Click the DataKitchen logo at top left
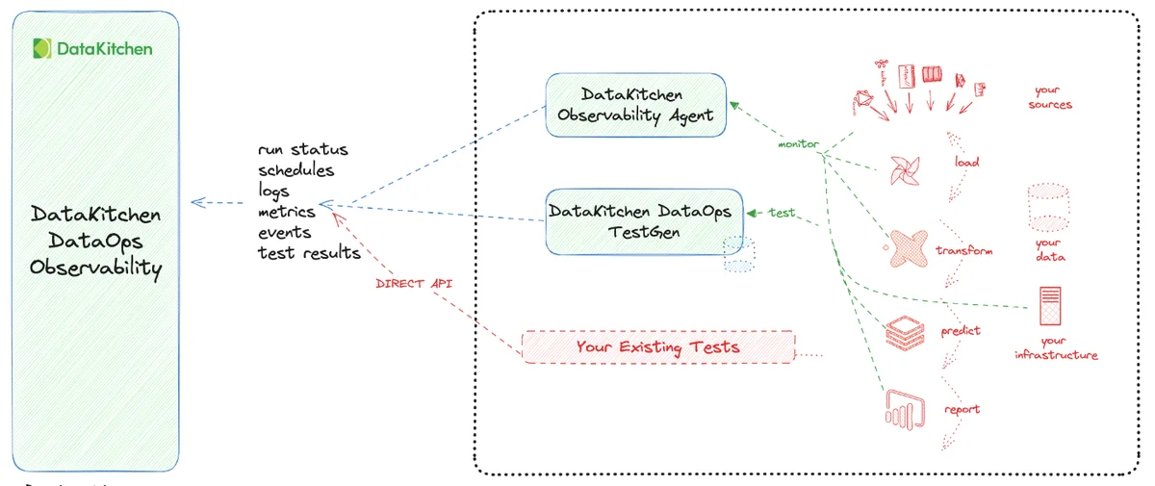(x=92, y=48)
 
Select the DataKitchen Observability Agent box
(x=635, y=105)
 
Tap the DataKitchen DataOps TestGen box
(x=639, y=220)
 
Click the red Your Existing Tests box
(x=657, y=346)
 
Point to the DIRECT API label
(x=414, y=284)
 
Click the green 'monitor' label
(x=799, y=144)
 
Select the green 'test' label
(x=782, y=212)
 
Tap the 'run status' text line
(x=302, y=150)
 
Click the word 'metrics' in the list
(x=286, y=212)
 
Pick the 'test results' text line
(x=309, y=253)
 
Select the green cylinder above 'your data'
(x=1048, y=207)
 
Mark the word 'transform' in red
(x=963, y=250)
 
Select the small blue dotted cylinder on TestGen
(x=739, y=254)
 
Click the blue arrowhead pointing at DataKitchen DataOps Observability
(x=197, y=202)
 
